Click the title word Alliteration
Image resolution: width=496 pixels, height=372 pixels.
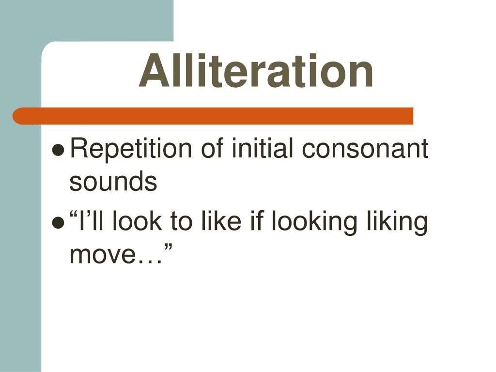click(x=256, y=72)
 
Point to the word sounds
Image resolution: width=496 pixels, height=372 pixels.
click(x=113, y=182)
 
